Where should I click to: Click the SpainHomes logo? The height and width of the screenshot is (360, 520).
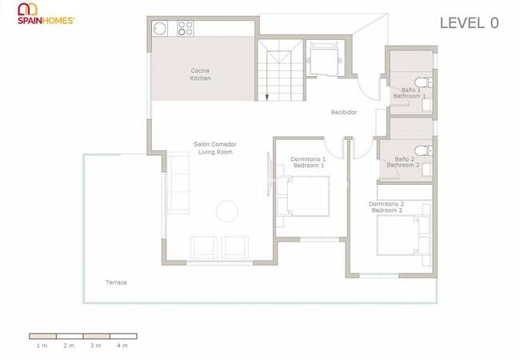[x=46, y=14]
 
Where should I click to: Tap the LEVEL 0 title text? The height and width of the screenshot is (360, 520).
[x=469, y=23]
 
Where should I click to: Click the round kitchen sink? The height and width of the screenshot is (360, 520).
[x=159, y=29]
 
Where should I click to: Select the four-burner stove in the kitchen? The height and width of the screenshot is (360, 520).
[x=185, y=29]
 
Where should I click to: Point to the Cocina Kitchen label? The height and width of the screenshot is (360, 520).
[x=200, y=74]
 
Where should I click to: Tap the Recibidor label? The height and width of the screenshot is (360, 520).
[x=344, y=112]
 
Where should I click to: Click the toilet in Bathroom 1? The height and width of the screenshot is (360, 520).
[x=423, y=82]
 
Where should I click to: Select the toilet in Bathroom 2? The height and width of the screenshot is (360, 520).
[x=423, y=151]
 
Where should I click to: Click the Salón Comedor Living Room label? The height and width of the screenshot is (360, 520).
[x=215, y=148]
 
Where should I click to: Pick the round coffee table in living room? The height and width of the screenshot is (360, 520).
[x=227, y=211]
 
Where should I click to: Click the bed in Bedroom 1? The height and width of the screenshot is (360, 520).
[x=302, y=196]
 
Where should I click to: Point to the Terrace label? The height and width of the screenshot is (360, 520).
[x=117, y=282]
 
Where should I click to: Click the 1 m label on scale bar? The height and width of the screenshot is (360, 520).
[x=42, y=346]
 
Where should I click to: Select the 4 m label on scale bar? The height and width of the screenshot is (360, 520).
[x=122, y=346]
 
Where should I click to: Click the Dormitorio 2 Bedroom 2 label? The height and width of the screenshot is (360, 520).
[x=386, y=207]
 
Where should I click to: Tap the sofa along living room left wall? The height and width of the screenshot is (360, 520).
[x=178, y=182]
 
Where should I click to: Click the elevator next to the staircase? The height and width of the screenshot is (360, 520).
[x=325, y=58]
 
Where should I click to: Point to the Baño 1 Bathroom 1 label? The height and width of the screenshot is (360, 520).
[x=410, y=93]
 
